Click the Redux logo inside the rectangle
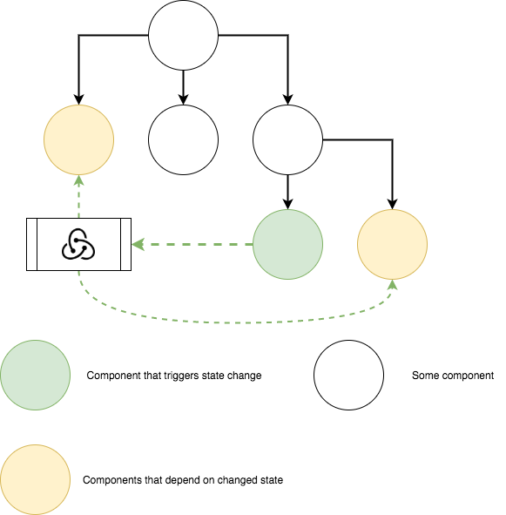point(78,244)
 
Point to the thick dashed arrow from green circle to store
point(192,244)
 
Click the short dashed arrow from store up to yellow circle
point(78,196)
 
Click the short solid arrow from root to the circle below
point(183,87)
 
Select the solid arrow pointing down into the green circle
point(287,192)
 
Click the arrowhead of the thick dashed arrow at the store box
point(138,244)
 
